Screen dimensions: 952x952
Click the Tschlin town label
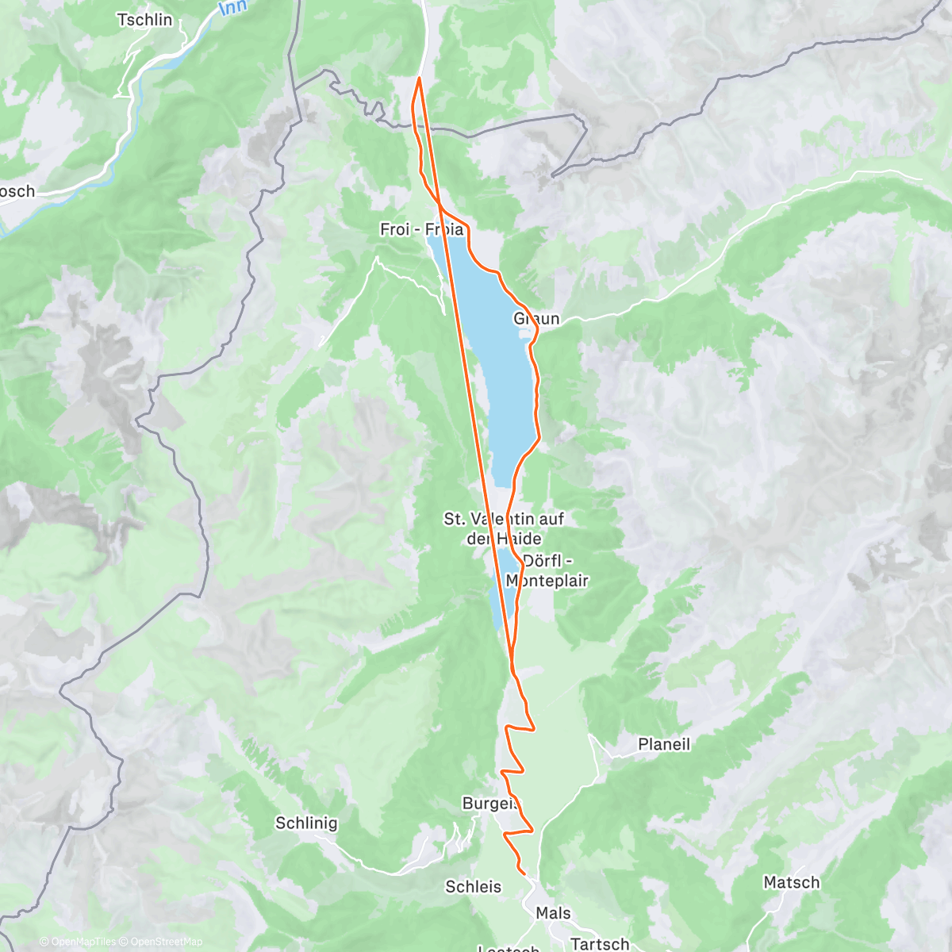click(144, 20)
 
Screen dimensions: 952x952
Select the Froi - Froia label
click(421, 229)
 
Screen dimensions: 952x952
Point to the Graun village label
click(536, 319)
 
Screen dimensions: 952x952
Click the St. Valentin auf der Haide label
click(504, 528)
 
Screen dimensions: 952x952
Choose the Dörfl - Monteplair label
click(547, 570)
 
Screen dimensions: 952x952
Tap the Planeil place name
click(664, 744)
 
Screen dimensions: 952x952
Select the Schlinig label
click(306, 823)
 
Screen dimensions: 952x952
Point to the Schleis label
click(473, 886)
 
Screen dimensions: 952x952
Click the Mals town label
click(553, 913)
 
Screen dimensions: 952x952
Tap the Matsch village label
click(791, 882)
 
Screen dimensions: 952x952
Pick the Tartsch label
click(600, 943)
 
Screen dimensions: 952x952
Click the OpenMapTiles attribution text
click(83, 942)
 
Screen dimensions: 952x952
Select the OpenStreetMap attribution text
click(167, 942)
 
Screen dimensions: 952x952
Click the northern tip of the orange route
click(419, 78)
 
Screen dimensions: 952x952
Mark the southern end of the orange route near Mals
click(524, 873)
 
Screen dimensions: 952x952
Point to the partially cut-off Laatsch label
click(509, 948)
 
